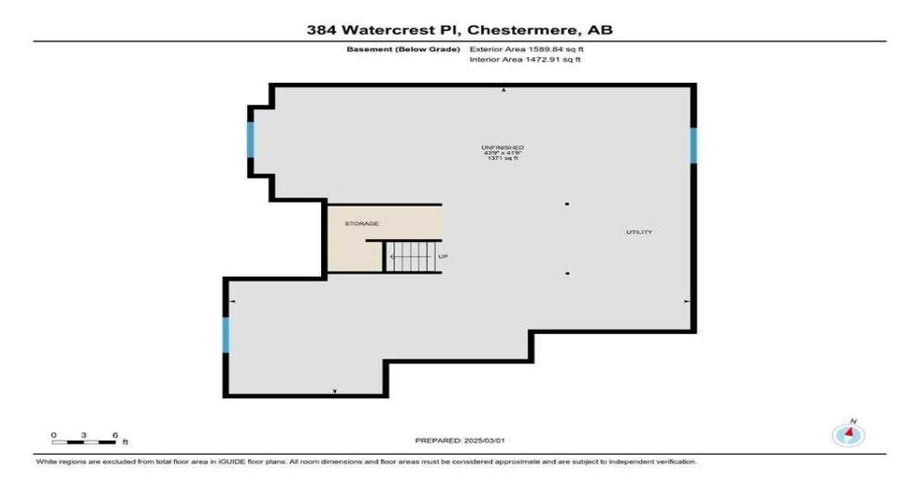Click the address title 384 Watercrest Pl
(459, 30)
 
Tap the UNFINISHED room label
(502, 147)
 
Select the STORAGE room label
(361, 224)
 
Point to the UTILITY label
(638, 232)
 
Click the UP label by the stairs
(443, 257)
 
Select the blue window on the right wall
(694, 145)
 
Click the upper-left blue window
(251, 140)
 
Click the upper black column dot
(567, 205)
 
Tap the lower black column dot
(567, 273)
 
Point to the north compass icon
(848, 433)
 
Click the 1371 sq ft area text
(502, 159)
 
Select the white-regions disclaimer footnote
(366, 461)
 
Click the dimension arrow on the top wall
(504, 90)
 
